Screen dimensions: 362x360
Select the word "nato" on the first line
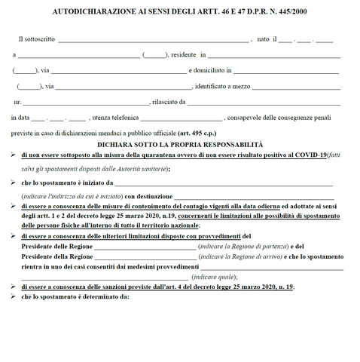(x=263, y=38)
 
